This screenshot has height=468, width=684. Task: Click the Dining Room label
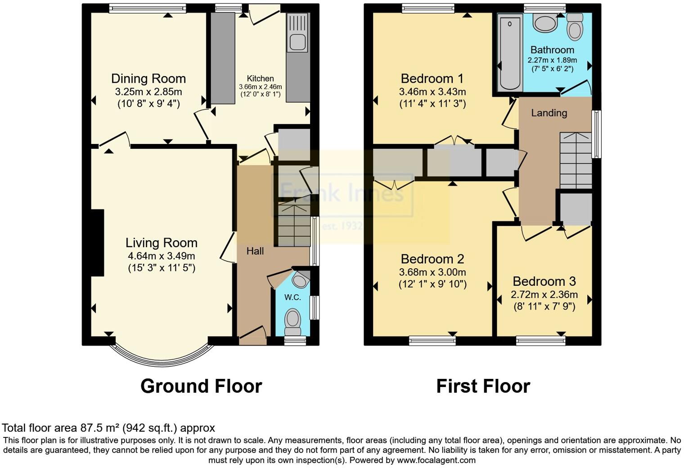coord(148,79)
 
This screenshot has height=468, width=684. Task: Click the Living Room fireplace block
coord(97,243)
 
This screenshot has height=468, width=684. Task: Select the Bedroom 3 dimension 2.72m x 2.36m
coord(544,295)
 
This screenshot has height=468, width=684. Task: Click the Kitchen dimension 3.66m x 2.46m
coord(260,87)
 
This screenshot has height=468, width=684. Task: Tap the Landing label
coord(549,113)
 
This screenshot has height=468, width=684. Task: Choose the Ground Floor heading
coord(201,386)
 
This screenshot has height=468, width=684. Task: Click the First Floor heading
coord(483,386)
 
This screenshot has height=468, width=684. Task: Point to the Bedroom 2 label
coord(432,259)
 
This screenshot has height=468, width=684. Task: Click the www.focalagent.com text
coord(436,460)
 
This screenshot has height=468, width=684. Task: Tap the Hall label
coord(255,251)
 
